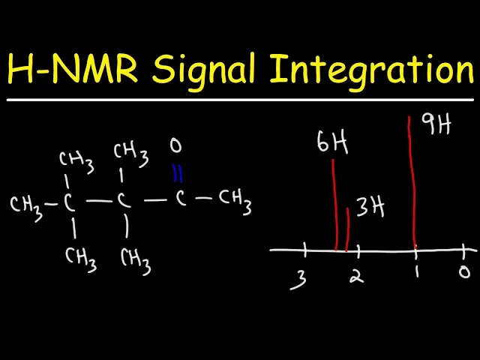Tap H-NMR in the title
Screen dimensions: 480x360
pyautogui.click(x=72, y=70)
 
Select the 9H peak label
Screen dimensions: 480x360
pyautogui.click(x=436, y=124)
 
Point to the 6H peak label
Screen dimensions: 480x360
pyautogui.click(x=331, y=143)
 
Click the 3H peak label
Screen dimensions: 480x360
pyautogui.click(x=370, y=206)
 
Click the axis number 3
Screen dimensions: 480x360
pyautogui.click(x=300, y=280)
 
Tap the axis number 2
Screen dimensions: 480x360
pyautogui.click(x=357, y=276)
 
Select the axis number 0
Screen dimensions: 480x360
pyautogui.click(x=465, y=271)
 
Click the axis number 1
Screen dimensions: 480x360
pyautogui.click(x=417, y=273)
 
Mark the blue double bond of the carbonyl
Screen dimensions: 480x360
pyautogui.click(x=177, y=173)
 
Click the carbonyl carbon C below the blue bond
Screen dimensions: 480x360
pyautogui.click(x=180, y=199)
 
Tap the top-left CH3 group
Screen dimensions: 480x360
pyautogui.click(x=76, y=160)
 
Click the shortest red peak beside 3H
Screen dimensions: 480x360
pyautogui.click(x=348, y=229)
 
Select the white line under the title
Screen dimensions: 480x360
pyautogui.click(x=240, y=100)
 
